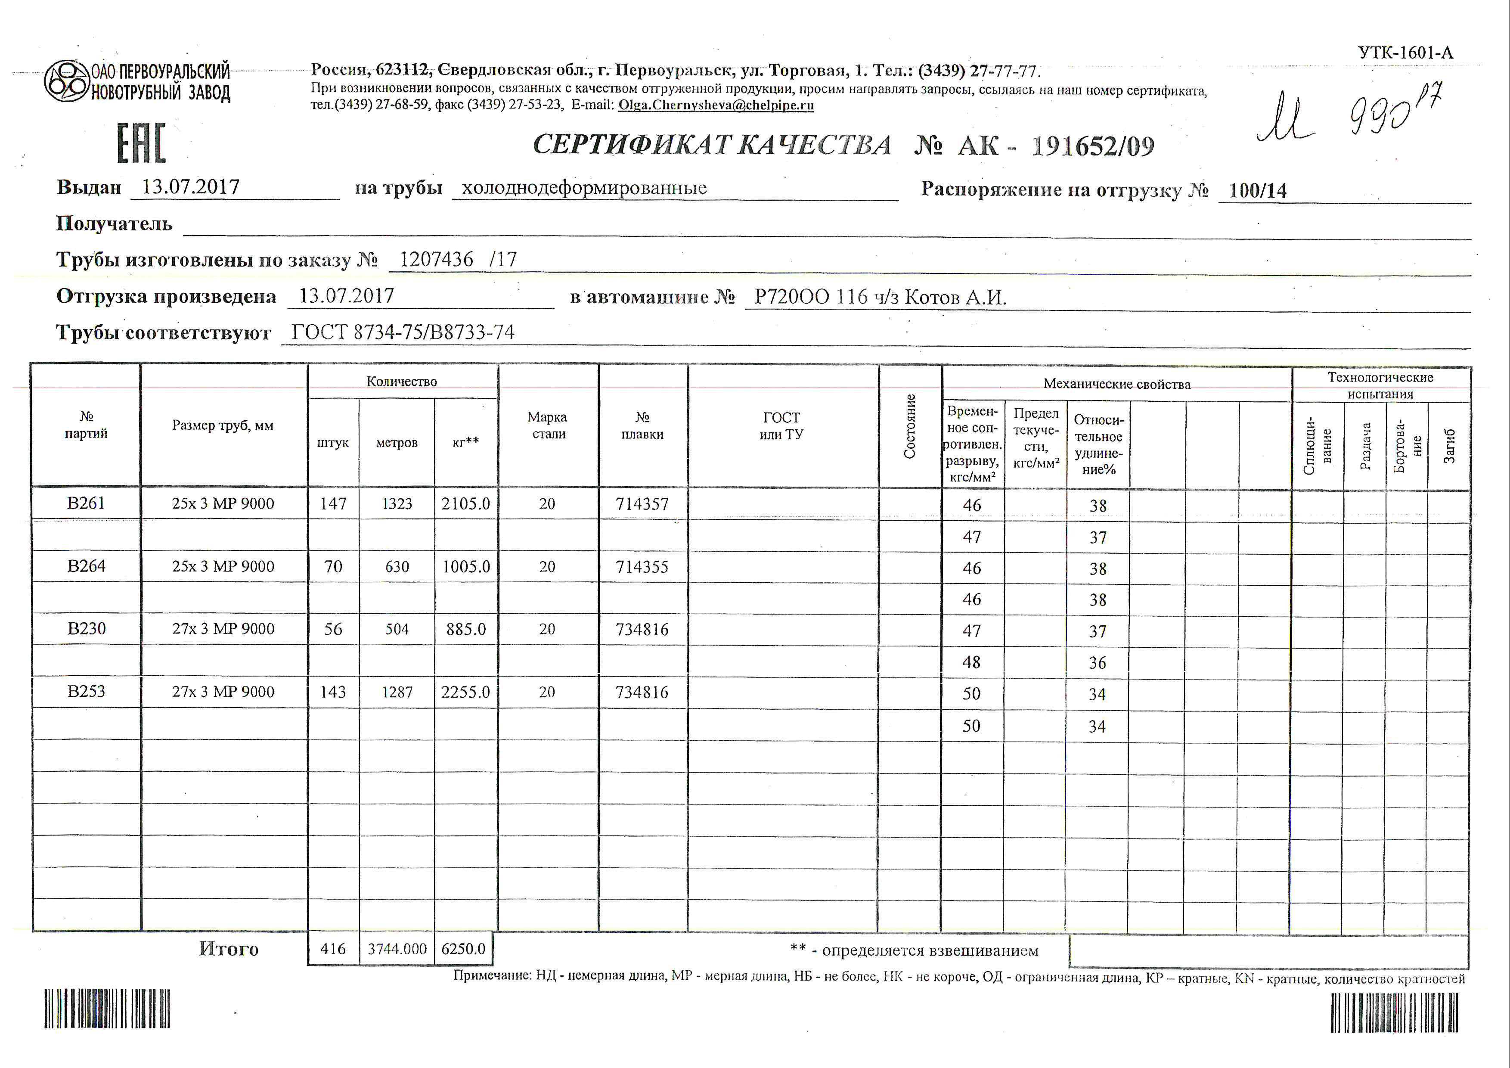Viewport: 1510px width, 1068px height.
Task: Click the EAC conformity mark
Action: click(141, 143)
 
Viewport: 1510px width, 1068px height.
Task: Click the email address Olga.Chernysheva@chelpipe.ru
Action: click(716, 105)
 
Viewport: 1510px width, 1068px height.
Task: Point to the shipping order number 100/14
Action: click(1257, 191)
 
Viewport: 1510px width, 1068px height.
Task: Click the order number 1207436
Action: click(436, 260)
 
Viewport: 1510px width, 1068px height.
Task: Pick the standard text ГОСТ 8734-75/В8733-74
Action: click(403, 332)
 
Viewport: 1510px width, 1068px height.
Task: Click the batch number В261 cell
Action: click(86, 503)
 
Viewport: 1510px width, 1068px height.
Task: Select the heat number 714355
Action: click(642, 567)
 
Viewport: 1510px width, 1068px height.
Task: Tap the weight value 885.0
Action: click(465, 629)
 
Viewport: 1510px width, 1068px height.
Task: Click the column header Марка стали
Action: click(548, 425)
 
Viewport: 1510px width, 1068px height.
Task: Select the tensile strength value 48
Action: click(971, 662)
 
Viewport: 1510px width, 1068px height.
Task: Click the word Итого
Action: click(228, 949)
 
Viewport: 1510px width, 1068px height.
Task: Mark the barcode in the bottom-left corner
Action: click(107, 1008)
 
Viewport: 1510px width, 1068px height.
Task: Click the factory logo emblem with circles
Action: click(66, 81)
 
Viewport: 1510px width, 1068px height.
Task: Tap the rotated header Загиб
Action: click(1449, 445)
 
